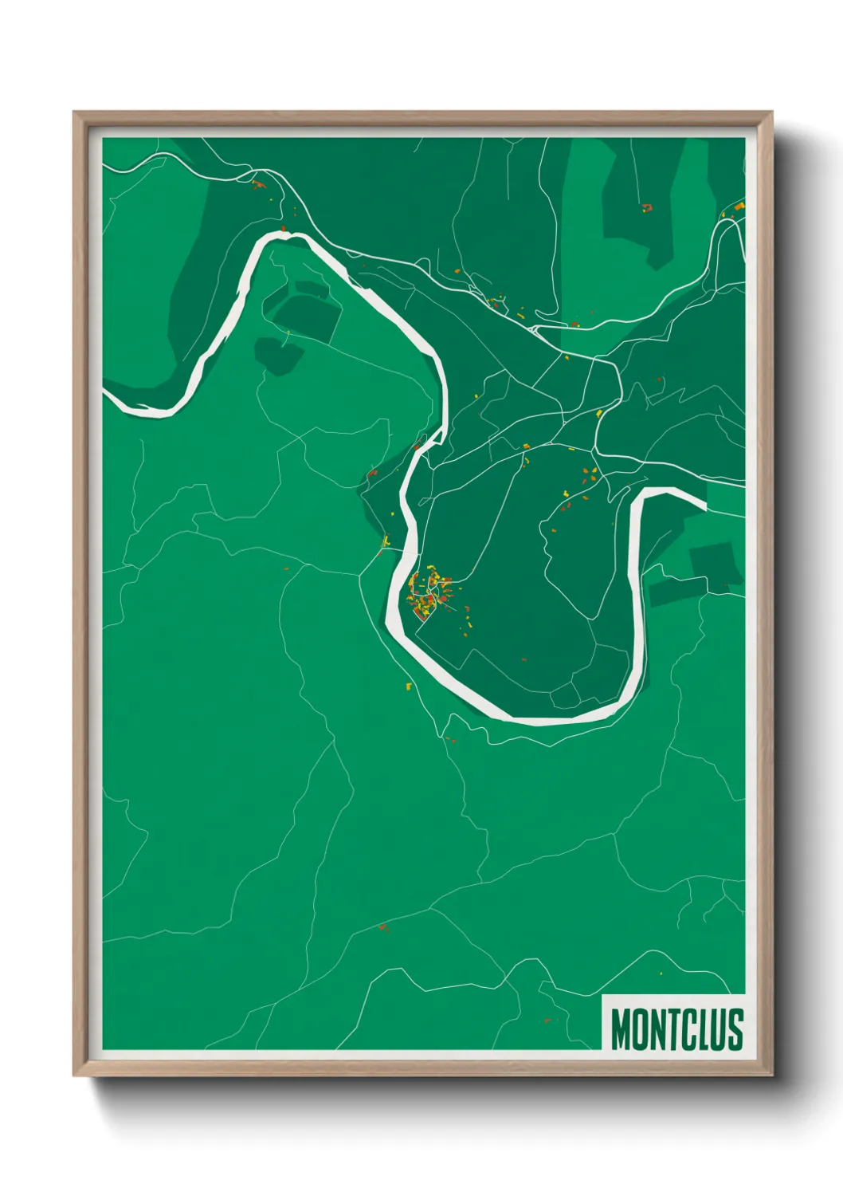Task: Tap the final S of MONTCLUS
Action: tap(735, 1029)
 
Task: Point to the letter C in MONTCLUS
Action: tap(685, 1029)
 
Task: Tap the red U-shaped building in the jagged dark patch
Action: tap(646, 209)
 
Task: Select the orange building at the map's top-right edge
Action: tap(739, 206)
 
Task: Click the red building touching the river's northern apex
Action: tap(283, 229)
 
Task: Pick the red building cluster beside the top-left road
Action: tap(257, 185)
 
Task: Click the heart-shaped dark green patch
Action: tap(276, 354)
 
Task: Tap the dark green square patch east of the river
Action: tap(712, 563)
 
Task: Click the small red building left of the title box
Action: tap(547, 1020)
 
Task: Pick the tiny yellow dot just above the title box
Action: tap(661, 973)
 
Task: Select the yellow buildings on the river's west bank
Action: tap(386, 541)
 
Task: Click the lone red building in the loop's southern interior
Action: tap(523, 659)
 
